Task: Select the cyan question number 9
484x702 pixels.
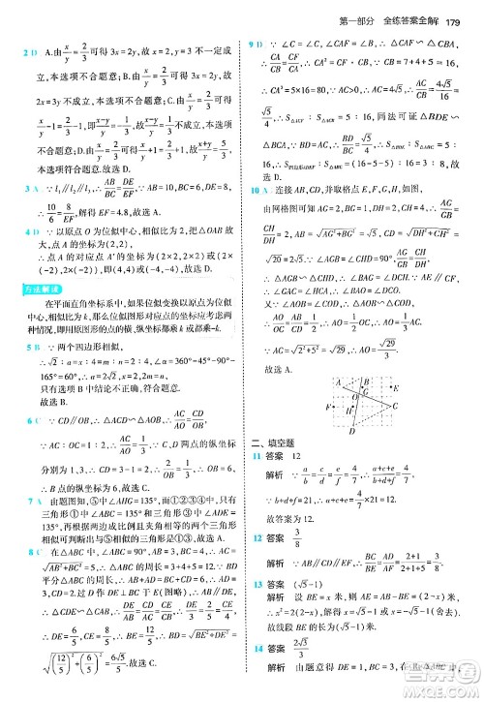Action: (x=253, y=45)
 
